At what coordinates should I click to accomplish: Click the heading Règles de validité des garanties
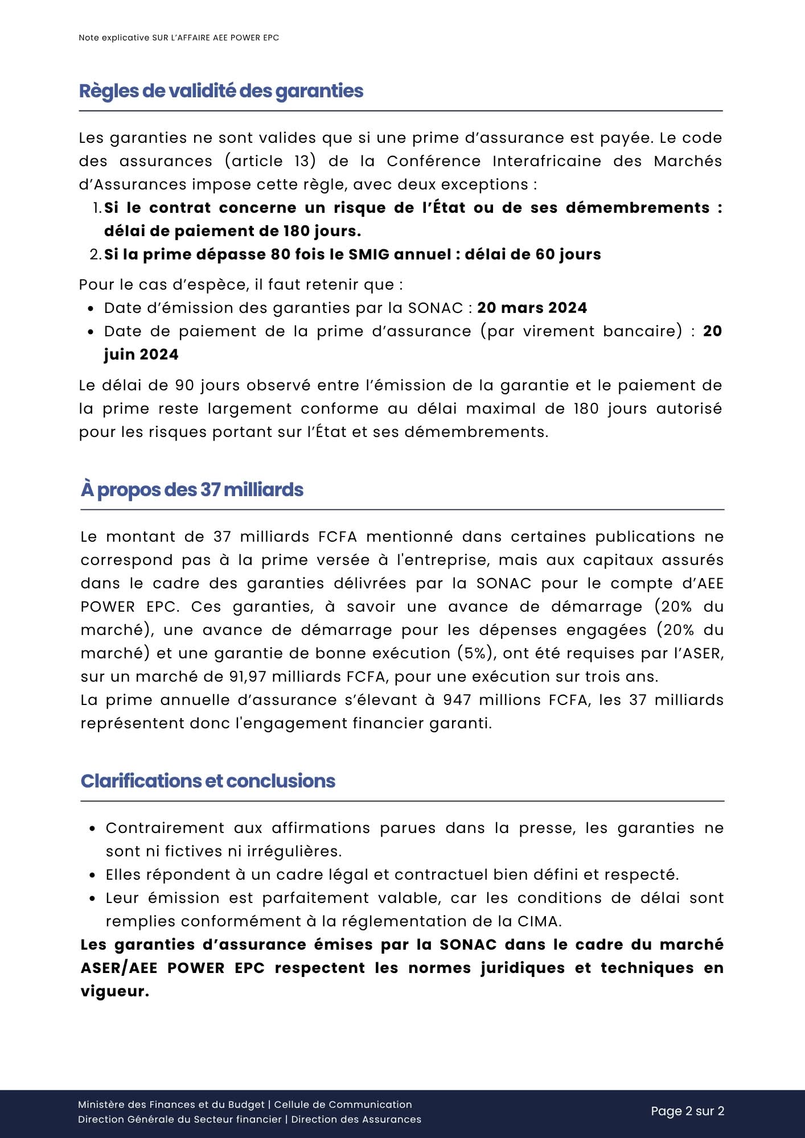click(x=221, y=91)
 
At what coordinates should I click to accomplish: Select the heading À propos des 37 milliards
click(x=192, y=490)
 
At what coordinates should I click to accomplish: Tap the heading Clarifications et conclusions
click(x=208, y=781)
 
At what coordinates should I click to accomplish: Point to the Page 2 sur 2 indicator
click(x=687, y=1111)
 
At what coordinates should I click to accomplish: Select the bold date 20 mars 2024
click(x=532, y=308)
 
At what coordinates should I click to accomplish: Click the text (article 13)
click(x=270, y=161)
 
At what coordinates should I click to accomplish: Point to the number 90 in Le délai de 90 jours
click(x=184, y=385)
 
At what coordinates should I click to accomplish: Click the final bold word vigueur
click(x=114, y=991)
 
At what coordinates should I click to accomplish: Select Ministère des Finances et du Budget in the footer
click(x=171, y=1104)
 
